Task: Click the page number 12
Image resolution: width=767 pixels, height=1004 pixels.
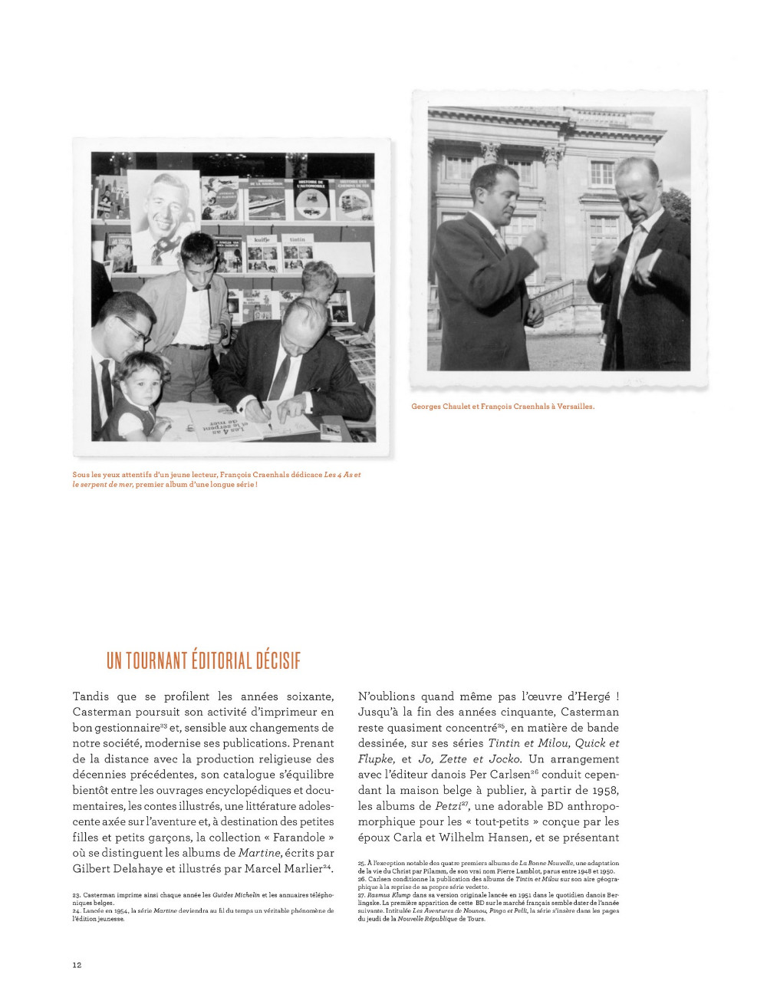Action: tap(77, 964)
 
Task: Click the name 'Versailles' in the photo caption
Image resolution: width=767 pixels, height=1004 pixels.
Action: tap(575, 407)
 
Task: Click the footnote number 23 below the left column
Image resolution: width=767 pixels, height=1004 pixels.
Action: tap(76, 895)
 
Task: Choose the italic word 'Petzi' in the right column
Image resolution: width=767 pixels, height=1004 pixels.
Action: tap(449, 806)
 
